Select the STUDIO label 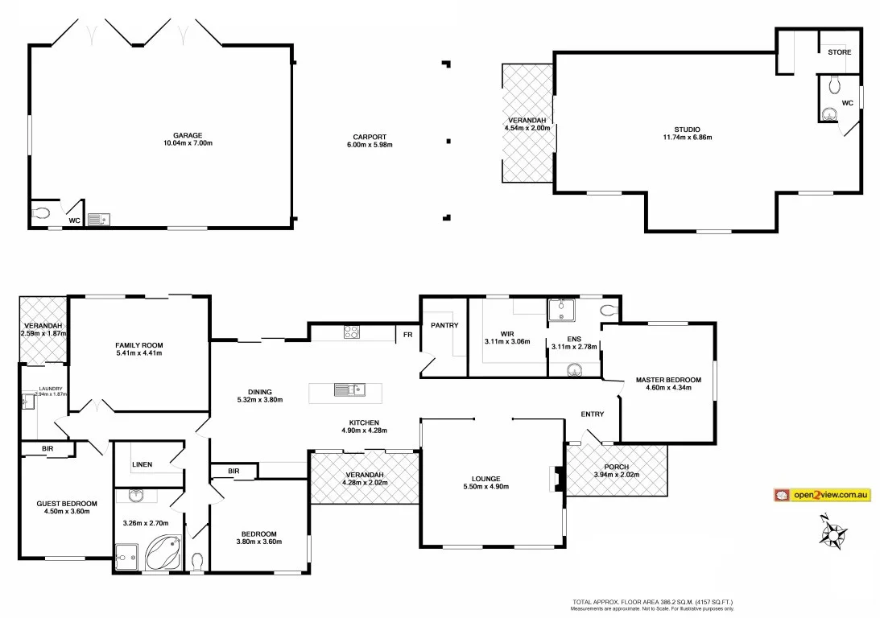(687, 129)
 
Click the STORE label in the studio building (839, 52)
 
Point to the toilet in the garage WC (43, 214)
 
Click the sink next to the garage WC (100, 218)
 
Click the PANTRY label (444, 325)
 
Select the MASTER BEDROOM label (668, 380)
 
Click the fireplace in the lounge (556, 479)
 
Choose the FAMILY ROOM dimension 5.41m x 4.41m (138, 353)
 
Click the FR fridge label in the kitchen (408, 334)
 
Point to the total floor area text (652, 602)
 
